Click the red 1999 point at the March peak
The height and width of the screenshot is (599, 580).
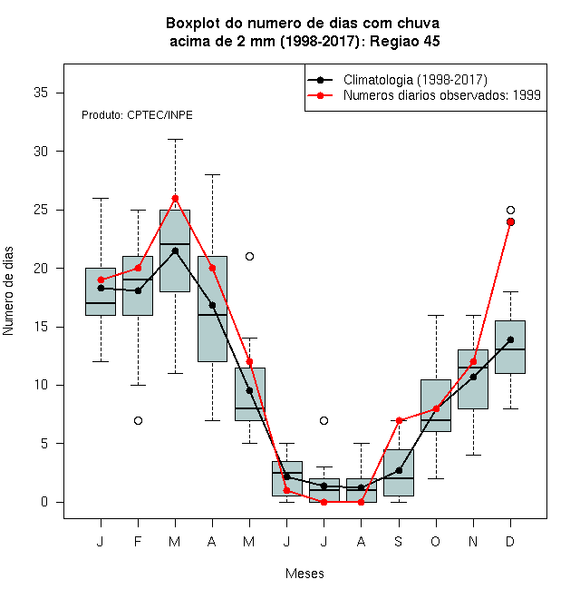click(175, 198)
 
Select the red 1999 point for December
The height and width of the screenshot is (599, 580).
click(510, 222)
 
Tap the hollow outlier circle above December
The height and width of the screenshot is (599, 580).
click(510, 211)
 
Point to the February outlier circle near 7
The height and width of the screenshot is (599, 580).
click(138, 420)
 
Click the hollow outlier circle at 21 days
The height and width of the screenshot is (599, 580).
click(249, 256)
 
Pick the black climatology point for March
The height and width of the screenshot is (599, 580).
click(175, 251)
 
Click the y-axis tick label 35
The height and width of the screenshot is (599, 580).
click(41, 93)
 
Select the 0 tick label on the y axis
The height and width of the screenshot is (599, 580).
click(44, 502)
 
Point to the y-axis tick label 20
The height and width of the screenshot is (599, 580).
click(41, 268)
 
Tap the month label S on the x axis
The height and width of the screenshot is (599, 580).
click(399, 541)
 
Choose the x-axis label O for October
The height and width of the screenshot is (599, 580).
click(435, 541)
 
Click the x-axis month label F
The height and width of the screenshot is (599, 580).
click(138, 541)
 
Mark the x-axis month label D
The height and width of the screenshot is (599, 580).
click(510, 541)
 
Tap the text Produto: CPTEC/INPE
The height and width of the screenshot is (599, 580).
click(137, 115)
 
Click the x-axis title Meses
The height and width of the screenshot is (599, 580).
click(304, 574)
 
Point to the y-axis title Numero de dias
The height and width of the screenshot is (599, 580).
click(8, 291)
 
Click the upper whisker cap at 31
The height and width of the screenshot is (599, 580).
click(175, 140)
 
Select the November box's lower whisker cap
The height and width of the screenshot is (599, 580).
click(474, 455)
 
